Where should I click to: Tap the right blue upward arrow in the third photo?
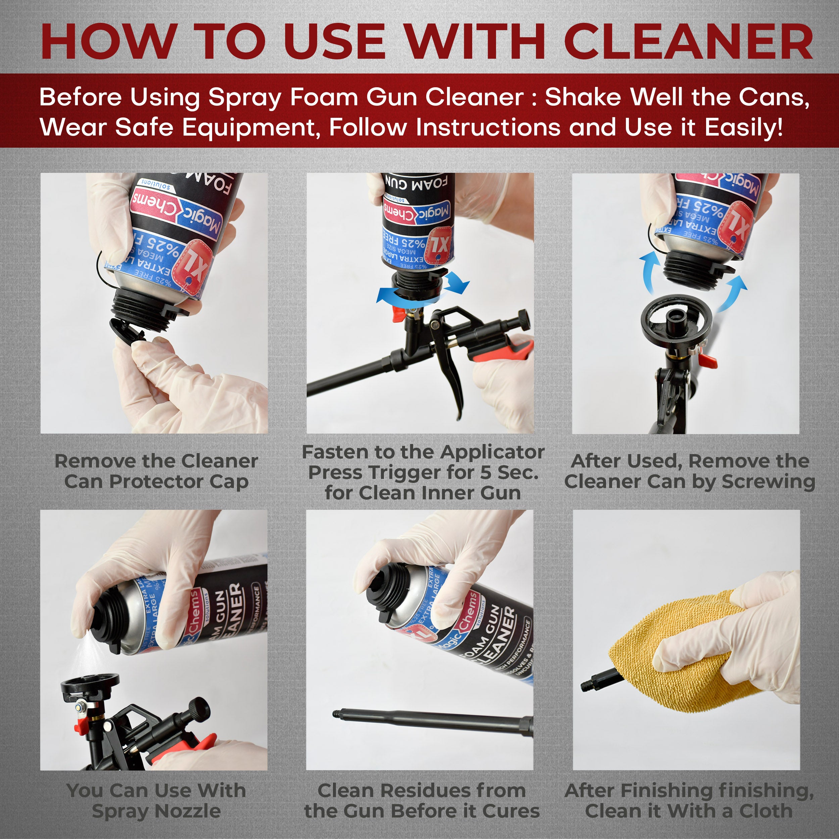[734, 291]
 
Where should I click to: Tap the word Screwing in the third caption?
[768, 482]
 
